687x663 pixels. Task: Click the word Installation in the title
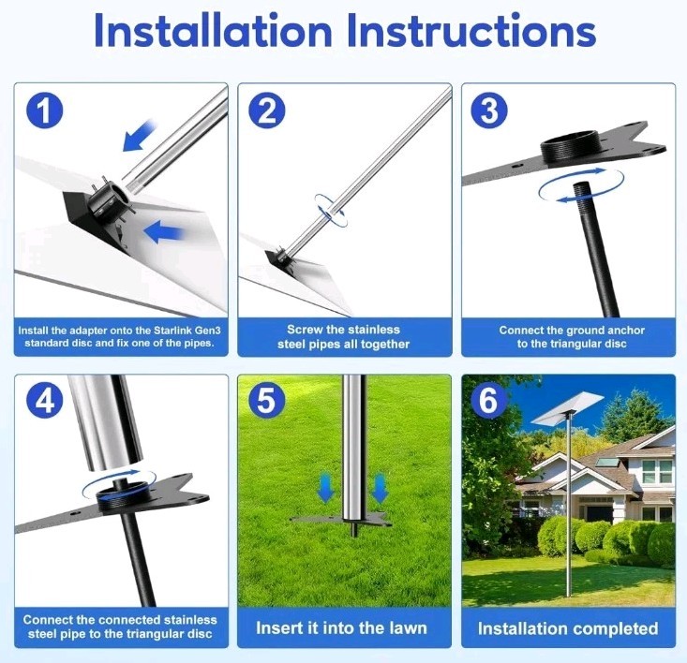click(213, 30)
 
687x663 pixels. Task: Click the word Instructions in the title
click(471, 30)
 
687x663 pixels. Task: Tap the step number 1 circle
click(45, 110)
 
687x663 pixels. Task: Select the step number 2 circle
click(267, 110)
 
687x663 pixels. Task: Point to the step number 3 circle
click(489, 110)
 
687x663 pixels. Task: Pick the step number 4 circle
click(45, 401)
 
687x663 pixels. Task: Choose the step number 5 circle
click(267, 401)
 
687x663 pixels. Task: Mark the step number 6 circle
click(489, 401)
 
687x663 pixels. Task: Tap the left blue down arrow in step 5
click(325, 489)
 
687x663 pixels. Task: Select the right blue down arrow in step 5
click(380, 489)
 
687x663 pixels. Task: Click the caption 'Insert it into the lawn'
click(342, 628)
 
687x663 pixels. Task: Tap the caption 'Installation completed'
click(568, 628)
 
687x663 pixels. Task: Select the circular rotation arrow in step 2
click(331, 210)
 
